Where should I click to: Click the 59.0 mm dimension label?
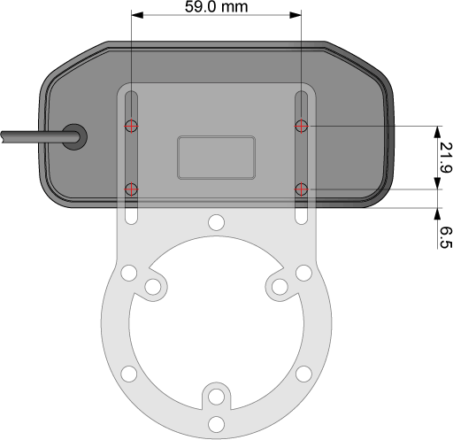point(216,7)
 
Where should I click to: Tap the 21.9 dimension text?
point(445,158)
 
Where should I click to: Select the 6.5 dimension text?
point(446,237)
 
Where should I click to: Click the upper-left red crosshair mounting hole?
point(131,126)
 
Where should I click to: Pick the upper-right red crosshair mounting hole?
point(301,126)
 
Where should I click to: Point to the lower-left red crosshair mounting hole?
point(131,189)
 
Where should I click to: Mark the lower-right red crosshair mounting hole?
point(301,189)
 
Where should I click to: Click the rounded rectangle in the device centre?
point(216,158)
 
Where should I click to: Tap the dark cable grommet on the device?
point(74,136)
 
